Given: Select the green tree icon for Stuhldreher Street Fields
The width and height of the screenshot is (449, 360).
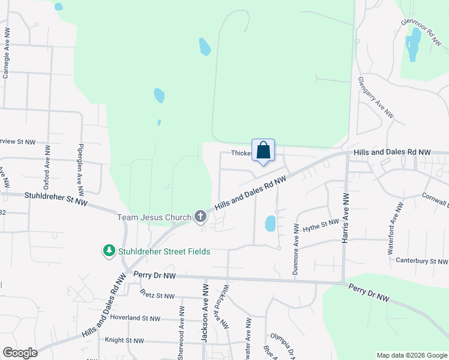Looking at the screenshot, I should [109, 251].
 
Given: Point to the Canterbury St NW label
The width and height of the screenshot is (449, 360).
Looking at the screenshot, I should [421, 261].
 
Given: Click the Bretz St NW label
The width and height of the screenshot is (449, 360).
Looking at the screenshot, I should [157, 295].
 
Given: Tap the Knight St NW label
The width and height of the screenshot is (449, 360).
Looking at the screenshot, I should [124, 340].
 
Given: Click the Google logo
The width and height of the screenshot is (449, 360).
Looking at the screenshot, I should [20, 353].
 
